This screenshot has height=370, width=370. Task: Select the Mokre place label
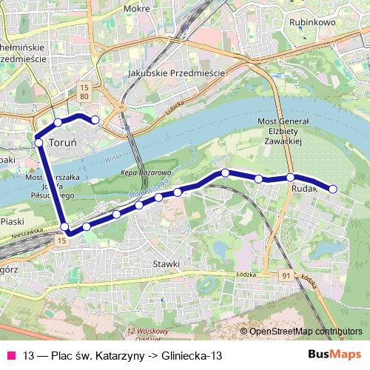coord(138,9)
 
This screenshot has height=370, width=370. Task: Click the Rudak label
coord(305,189)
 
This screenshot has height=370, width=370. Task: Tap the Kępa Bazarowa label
coord(141,172)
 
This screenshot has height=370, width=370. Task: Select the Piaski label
coord(13,221)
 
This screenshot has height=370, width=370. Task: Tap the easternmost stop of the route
coord(332,189)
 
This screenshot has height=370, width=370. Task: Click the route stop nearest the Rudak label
coord(291,177)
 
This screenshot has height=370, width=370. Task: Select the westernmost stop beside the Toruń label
coord(38,142)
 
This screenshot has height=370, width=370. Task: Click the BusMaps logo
coord(335,354)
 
